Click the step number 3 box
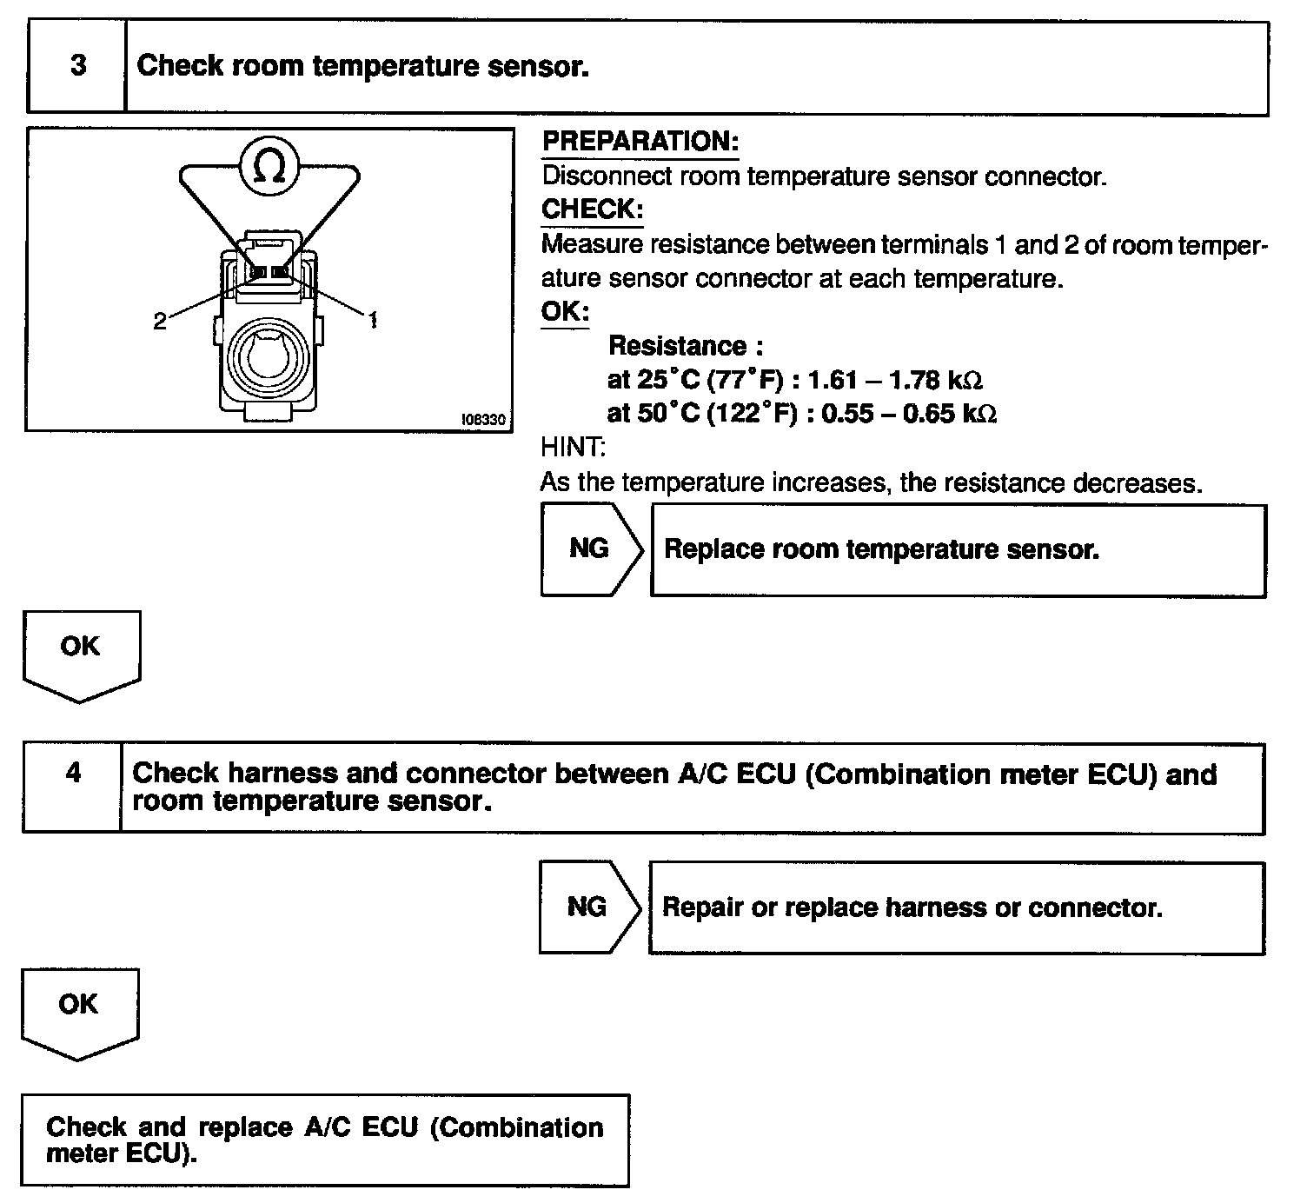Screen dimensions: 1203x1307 [x=77, y=67]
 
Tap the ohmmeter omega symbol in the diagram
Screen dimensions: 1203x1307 [x=269, y=168]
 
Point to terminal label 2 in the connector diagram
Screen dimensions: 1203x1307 [x=159, y=322]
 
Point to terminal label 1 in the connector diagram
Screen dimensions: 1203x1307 [x=373, y=321]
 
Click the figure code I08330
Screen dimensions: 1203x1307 [x=483, y=420]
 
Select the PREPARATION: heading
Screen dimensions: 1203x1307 [x=640, y=142]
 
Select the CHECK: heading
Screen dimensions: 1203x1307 [x=592, y=209]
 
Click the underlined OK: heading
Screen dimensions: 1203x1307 [x=565, y=311]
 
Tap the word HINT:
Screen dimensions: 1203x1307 [x=573, y=448]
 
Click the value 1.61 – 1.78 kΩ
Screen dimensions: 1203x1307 [x=895, y=380]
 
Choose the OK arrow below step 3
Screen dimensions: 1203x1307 [x=80, y=652]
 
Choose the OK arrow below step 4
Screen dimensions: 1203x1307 [x=78, y=1010]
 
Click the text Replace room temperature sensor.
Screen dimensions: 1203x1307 [x=881, y=549]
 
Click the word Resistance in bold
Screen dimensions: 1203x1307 [x=677, y=346]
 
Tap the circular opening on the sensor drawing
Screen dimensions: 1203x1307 [x=268, y=356]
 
